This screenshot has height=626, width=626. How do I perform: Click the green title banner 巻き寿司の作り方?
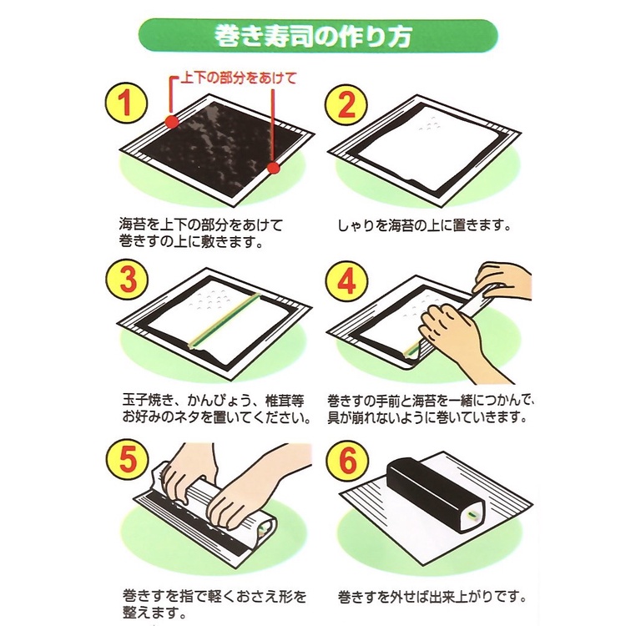pyautogui.click(x=318, y=35)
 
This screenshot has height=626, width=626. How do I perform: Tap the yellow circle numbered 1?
pyautogui.click(x=126, y=103)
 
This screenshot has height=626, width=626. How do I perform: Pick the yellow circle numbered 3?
pyautogui.click(x=128, y=279)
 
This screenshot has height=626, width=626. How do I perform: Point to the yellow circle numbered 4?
pyautogui.click(x=346, y=282)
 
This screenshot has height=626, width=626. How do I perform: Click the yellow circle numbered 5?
pyautogui.click(x=128, y=459)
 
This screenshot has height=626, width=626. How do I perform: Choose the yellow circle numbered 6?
pyautogui.click(x=347, y=461)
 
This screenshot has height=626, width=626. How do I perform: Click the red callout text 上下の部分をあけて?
pyautogui.click(x=239, y=78)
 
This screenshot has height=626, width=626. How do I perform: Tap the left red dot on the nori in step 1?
pyautogui.click(x=172, y=121)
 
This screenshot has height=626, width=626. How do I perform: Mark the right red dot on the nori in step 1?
pyautogui.click(x=273, y=168)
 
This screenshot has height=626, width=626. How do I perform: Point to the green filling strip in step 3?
pyautogui.click(x=225, y=321)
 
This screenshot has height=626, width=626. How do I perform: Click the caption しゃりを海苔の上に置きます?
pyautogui.click(x=424, y=225)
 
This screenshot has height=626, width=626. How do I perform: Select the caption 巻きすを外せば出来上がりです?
pyautogui.click(x=432, y=598)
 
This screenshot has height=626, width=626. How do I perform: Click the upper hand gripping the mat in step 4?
pyautogui.click(x=503, y=283)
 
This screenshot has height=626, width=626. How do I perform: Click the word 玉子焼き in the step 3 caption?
pyautogui.click(x=148, y=401)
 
